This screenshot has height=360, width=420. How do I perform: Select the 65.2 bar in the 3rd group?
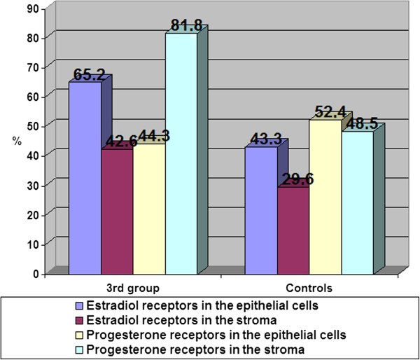click(85, 178)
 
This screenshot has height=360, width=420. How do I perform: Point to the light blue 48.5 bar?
click(356, 202)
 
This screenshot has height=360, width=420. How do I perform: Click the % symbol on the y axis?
click(16, 141)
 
